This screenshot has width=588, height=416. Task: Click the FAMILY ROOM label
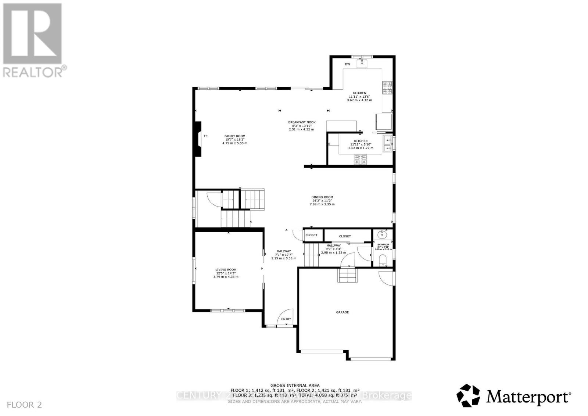pos(235,136)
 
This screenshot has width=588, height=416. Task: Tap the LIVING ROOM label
pos(226,269)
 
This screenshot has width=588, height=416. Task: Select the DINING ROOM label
pos(322,197)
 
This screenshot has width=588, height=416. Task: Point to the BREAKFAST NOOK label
pos(301,122)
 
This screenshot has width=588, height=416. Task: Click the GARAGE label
pos(342,312)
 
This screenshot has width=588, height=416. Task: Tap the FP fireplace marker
pos(205,136)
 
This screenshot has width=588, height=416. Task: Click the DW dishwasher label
pos(347,64)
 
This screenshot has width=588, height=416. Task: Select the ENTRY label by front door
pos(286,319)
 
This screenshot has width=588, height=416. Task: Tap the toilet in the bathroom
pos(383,260)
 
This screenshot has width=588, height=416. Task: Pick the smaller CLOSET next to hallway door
pos(311,235)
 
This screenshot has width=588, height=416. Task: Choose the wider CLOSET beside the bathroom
pos(345,236)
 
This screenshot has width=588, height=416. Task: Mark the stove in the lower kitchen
pos(361,159)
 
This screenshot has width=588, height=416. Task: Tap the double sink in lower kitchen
pos(387,144)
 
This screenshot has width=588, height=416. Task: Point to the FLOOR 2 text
pos(24,405)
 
